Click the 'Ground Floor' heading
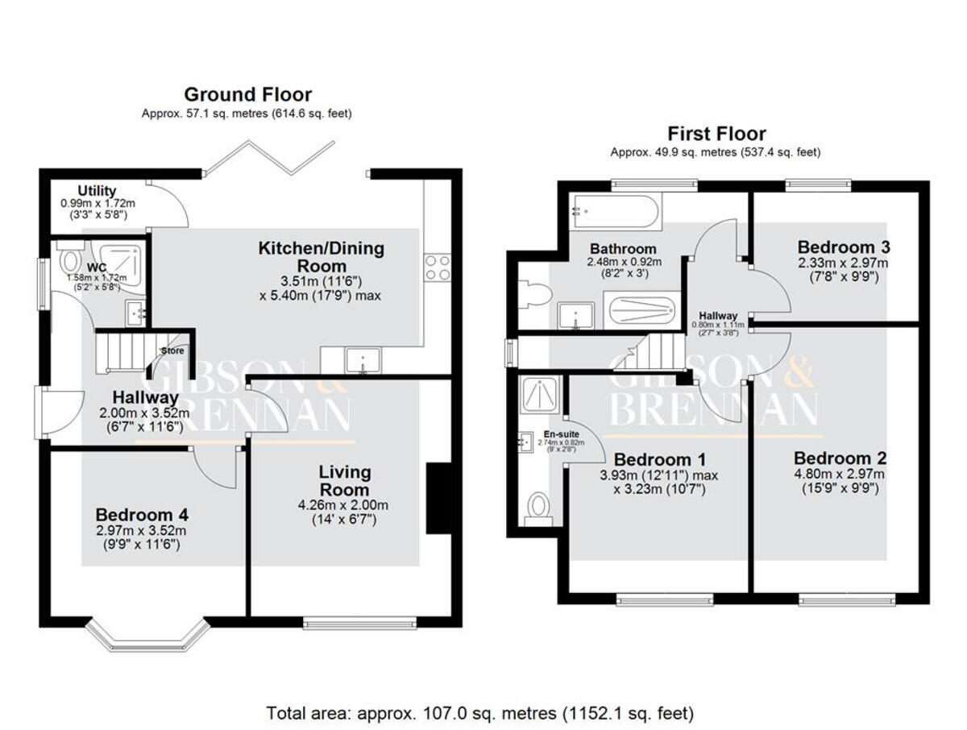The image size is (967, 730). pos(247,95)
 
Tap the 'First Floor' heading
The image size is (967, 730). pos(716,134)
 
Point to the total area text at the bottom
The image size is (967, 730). pos(480,713)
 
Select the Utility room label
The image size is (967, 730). pos(97,191)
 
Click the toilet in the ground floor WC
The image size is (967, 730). pos(70,262)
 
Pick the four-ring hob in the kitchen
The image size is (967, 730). pos(438,267)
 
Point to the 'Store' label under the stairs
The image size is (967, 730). pos(172,351)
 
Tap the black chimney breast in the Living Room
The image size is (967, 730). pos(438,498)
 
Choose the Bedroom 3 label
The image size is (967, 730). pos(843,247)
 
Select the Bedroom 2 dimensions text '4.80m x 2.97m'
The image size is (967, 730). pos(843,474)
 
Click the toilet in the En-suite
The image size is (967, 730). pos(537,507)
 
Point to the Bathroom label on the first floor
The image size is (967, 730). pos(623,249)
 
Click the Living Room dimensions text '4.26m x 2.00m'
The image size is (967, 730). pos(343,505)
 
